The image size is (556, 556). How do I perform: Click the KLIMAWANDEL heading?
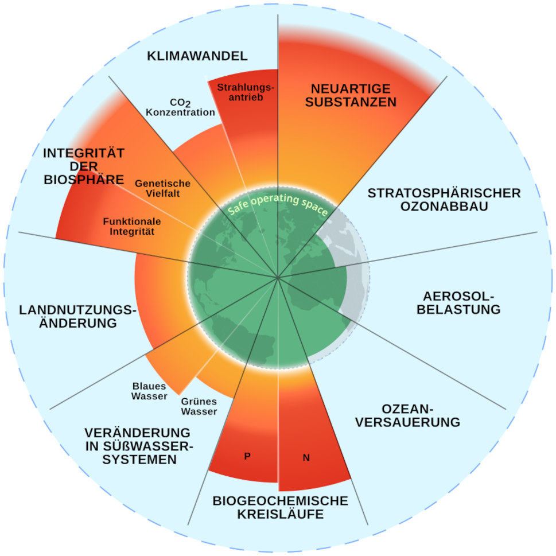(x=197, y=56)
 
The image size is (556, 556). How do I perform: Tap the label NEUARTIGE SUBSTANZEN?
(x=351, y=96)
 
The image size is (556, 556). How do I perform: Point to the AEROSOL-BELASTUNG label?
(x=461, y=303)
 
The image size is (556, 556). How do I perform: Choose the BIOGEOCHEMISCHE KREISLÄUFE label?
(x=280, y=507)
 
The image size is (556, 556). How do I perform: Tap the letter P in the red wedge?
(x=247, y=456)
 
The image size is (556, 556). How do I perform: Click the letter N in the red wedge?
(x=306, y=458)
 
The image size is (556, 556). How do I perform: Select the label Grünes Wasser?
(x=199, y=407)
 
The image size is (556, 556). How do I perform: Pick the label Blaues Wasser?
(x=149, y=391)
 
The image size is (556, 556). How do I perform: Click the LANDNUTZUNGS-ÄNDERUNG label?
(x=78, y=317)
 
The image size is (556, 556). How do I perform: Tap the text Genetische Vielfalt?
(x=162, y=189)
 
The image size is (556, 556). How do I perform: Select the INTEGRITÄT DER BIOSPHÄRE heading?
(x=84, y=166)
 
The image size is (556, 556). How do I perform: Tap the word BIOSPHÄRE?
(x=84, y=180)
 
